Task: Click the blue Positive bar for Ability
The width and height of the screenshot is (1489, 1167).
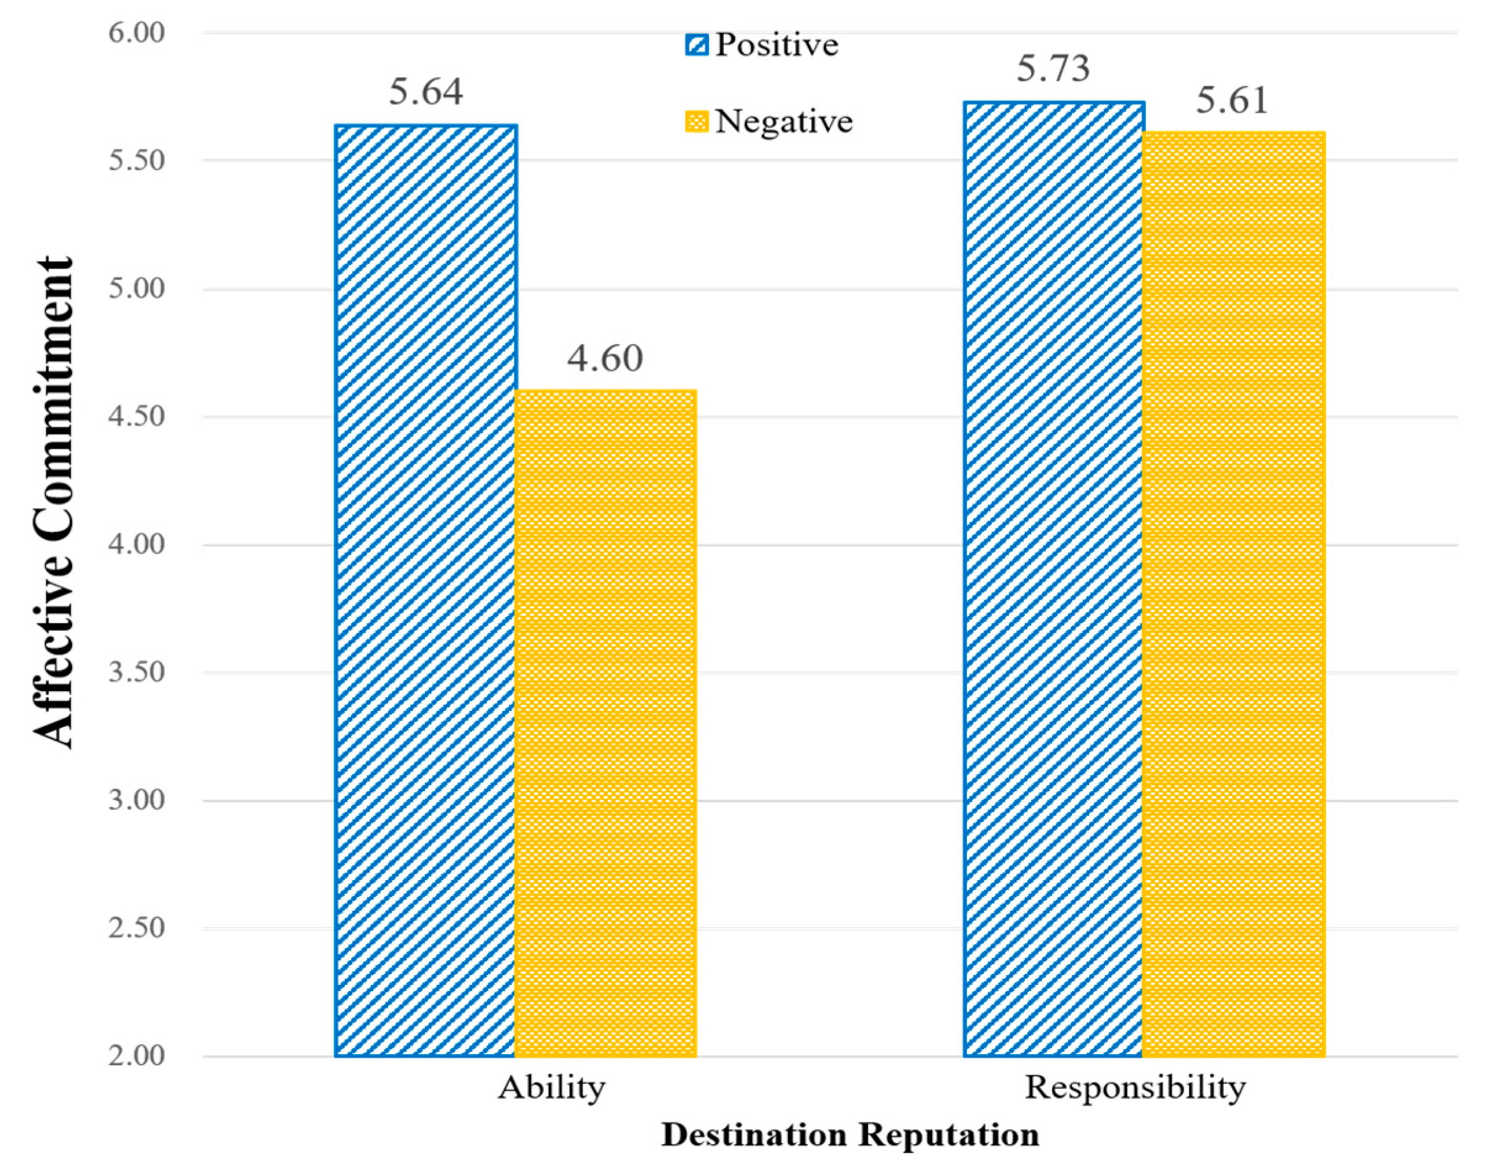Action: [x=426, y=591]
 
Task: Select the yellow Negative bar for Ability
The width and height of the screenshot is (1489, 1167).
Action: [x=605, y=725]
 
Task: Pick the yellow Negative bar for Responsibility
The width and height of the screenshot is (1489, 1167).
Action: [x=1234, y=594]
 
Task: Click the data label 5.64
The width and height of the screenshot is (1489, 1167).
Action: [x=426, y=92]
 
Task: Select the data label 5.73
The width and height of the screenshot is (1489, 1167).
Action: [x=1053, y=69]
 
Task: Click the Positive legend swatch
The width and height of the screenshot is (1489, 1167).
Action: [x=697, y=45]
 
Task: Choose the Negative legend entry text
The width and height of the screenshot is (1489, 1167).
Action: [x=784, y=122]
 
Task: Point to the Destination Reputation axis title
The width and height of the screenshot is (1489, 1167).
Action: [x=850, y=1135]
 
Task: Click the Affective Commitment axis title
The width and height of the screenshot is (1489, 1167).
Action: [x=53, y=502]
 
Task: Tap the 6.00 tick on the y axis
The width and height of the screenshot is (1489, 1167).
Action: [x=136, y=33]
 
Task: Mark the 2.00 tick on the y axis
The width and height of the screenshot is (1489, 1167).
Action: [x=136, y=1056]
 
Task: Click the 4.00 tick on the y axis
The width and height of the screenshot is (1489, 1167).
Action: [x=136, y=544]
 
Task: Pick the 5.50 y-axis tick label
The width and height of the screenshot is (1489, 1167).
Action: [x=136, y=160]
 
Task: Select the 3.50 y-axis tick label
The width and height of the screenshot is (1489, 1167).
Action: [x=136, y=672]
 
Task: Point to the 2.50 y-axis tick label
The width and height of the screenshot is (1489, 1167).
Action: [x=136, y=928]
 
